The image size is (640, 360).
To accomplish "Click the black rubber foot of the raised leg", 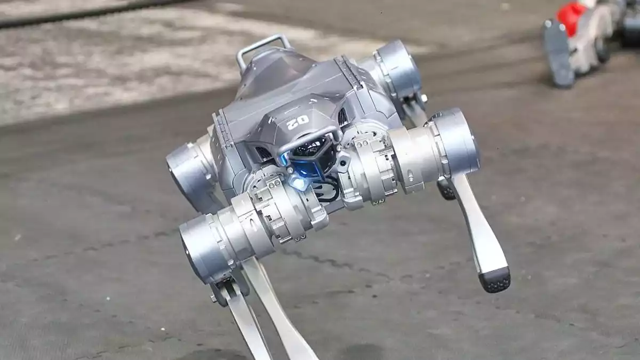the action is [x=495, y=281].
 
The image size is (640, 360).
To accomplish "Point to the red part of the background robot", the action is [x=570, y=17].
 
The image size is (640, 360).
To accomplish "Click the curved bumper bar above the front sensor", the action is [x=309, y=140].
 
